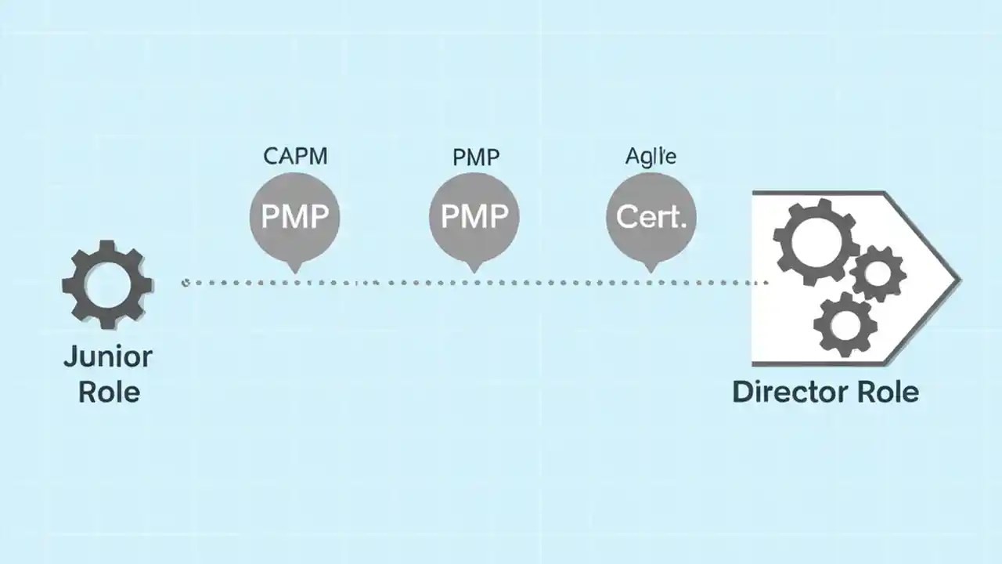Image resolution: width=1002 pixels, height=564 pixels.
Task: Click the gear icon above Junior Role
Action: tap(107, 284)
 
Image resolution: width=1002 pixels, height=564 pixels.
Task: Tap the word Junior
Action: tap(107, 357)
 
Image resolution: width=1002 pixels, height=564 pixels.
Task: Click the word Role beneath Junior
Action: tap(109, 391)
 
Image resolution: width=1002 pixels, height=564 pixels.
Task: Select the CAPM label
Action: tap(295, 156)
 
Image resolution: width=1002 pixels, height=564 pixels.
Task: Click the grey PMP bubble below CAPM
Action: tap(294, 216)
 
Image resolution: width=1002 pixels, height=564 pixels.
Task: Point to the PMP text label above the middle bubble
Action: tap(475, 157)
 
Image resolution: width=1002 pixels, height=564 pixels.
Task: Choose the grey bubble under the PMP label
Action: tap(474, 216)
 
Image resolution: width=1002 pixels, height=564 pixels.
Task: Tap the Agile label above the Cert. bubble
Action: tap(651, 156)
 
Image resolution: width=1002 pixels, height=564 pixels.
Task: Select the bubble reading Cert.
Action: tap(651, 216)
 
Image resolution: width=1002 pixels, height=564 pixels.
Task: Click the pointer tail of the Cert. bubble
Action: tap(650, 267)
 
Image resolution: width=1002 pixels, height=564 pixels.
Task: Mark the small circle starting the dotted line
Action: tap(186, 282)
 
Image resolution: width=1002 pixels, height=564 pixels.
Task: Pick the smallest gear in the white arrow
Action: tap(877, 273)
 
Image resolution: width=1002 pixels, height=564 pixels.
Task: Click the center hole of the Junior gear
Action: tap(107, 284)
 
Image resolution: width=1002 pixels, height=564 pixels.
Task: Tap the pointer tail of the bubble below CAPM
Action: tap(294, 267)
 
